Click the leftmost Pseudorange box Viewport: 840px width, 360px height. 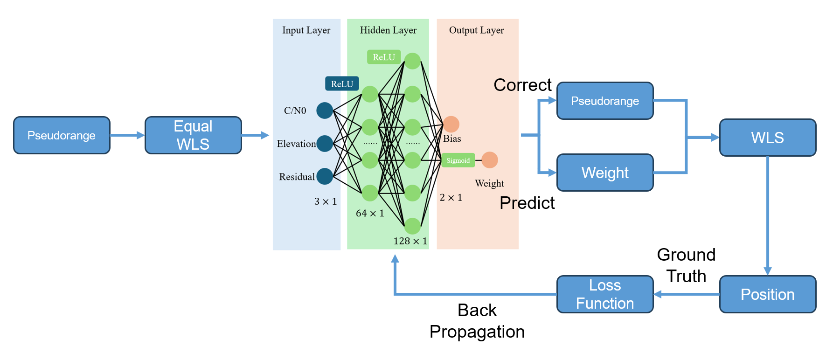point(62,135)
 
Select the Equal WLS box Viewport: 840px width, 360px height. point(193,135)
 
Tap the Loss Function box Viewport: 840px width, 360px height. point(605,294)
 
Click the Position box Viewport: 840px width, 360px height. point(767,294)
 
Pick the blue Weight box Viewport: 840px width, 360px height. point(605,173)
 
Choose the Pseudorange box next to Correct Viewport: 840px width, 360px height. point(605,101)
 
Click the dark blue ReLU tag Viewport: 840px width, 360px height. point(342,84)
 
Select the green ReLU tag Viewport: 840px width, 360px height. point(384,57)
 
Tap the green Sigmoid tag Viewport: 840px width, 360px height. point(458,160)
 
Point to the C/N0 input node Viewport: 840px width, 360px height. point(325,111)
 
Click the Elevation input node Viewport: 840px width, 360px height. point(325,144)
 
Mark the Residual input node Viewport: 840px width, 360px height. point(325,176)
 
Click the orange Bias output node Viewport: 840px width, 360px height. point(451,124)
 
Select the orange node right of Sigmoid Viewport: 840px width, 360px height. point(489,160)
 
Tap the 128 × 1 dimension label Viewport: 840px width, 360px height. point(410,241)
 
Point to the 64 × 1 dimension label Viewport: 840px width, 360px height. point(370,214)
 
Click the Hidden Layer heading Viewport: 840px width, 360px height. point(388,30)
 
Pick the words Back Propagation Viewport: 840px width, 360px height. point(477,321)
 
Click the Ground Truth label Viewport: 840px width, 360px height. point(686,265)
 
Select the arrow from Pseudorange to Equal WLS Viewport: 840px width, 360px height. point(127,135)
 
